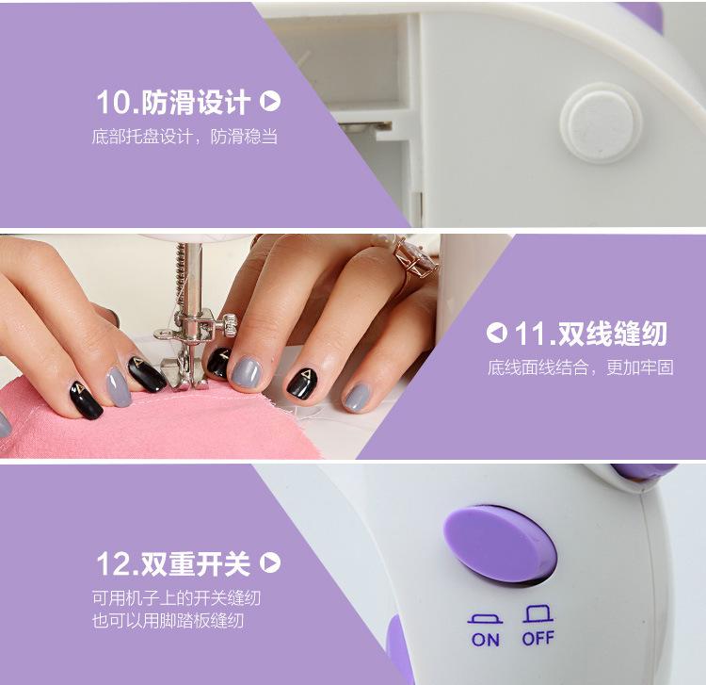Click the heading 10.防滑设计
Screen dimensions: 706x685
point(173,102)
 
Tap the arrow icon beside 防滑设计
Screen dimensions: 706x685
point(270,102)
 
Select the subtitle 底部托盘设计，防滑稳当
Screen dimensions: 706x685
point(185,136)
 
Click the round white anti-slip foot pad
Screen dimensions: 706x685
point(602,123)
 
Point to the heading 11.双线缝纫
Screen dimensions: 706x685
point(590,334)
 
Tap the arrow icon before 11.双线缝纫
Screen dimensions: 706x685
point(497,333)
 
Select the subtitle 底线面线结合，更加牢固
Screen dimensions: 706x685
point(581,367)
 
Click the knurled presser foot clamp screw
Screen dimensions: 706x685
point(229,324)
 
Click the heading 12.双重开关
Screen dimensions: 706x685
point(173,563)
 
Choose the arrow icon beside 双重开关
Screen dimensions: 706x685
point(270,563)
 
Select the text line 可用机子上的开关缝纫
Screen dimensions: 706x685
point(177,598)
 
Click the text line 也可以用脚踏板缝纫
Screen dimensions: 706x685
point(168,621)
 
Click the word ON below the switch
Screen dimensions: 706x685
point(486,640)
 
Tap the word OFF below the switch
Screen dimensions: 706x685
point(538,638)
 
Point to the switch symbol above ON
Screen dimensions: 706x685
point(485,618)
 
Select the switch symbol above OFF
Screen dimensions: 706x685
point(538,613)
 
